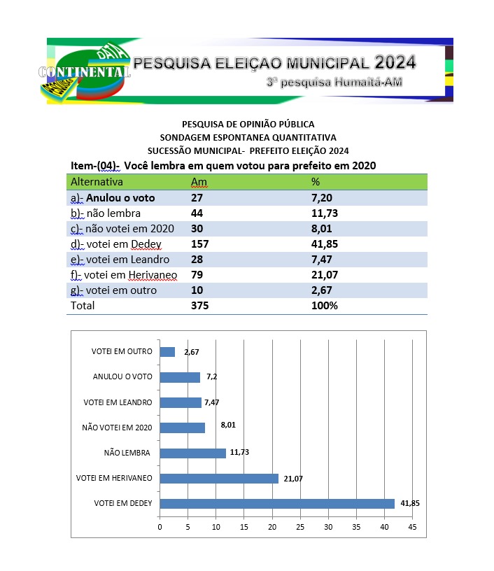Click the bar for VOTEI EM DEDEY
pos(277,503)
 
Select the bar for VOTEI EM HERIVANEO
pos(219,478)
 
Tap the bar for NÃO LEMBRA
pos(192,453)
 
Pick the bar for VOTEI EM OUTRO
pos(167,352)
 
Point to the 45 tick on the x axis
pos(412,526)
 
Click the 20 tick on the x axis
pos(272,526)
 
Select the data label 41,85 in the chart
pos(410,503)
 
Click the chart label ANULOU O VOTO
pos(122,377)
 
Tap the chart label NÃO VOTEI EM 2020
pos(117,428)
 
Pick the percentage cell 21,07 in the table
pos(325,275)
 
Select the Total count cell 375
pos(200,306)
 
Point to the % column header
pos(315,182)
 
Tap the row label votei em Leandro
pos(121,260)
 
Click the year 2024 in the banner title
pos(395,62)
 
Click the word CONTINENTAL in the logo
pos(85,72)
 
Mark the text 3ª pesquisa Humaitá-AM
pos(334,83)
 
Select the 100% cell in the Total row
pos(325,306)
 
